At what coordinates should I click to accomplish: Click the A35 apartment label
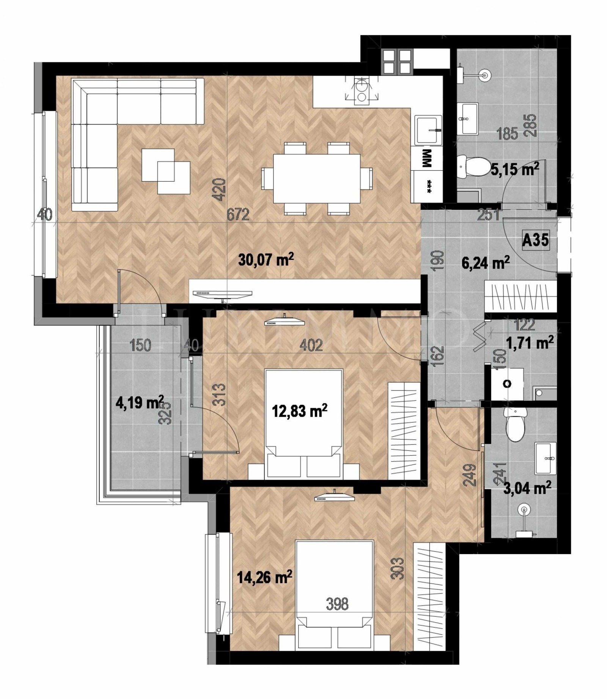point(535,240)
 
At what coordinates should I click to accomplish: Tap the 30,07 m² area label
point(266,260)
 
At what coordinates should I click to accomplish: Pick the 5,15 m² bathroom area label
point(515,169)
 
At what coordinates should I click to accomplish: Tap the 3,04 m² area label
point(527,488)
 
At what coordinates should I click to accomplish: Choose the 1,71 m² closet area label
point(530,343)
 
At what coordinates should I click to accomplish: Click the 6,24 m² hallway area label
point(485,262)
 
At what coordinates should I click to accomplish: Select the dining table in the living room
point(317,178)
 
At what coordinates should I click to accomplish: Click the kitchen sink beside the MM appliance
point(428,130)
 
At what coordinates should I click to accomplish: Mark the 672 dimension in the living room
point(238,215)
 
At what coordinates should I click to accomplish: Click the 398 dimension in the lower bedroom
point(337,604)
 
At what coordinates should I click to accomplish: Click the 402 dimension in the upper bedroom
point(311,345)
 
